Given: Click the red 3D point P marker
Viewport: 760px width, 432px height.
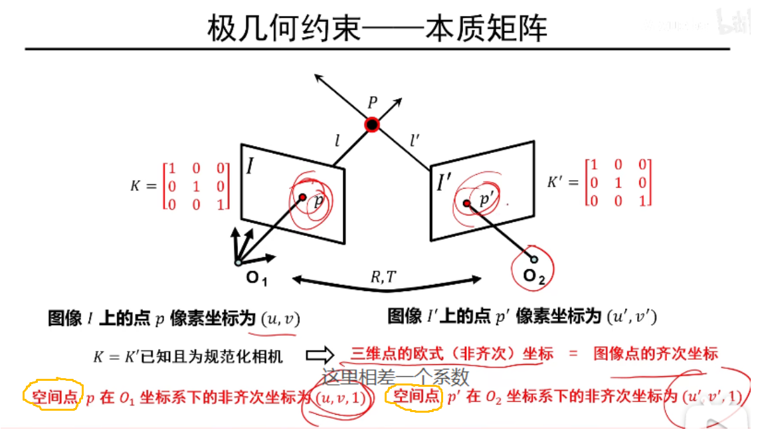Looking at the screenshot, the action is pyautogui.click(x=372, y=124).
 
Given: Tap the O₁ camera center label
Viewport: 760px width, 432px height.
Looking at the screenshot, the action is pyautogui.click(x=256, y=278).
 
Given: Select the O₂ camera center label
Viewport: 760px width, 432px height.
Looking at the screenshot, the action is pyautogui.click(x=533, y=277).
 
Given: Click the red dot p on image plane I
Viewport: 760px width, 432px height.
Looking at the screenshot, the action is pyautogui.click(x=302, y=197).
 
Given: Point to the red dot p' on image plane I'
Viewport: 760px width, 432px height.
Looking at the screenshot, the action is pyautogui.click(x=467, y=203).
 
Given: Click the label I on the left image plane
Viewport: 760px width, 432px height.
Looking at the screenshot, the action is pyautogui.click(x=251, y=165).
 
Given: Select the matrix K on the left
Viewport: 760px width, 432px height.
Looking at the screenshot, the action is pyautogui.click(x=196, y=185).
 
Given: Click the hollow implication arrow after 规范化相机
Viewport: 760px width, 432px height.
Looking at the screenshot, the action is pyautogui.click(x=318, y=356).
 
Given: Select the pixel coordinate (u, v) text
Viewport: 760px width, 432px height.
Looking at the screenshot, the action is pyautogui.click(x=280, y=318).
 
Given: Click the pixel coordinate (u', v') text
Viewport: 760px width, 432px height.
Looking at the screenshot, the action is pyautogui.click(x=632, y=317).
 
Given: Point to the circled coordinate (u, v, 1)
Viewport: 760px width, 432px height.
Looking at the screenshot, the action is pyautogui.click(x=339, y=398).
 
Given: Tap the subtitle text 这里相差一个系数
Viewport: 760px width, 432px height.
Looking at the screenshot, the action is pyautogui.click(x=396, y=377).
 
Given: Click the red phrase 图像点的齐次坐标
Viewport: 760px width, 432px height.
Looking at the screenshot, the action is pyautogui.click(x=656, y=354).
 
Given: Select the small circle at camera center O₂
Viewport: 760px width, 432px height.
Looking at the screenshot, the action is pyautogui.click(x=533, y=259).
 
